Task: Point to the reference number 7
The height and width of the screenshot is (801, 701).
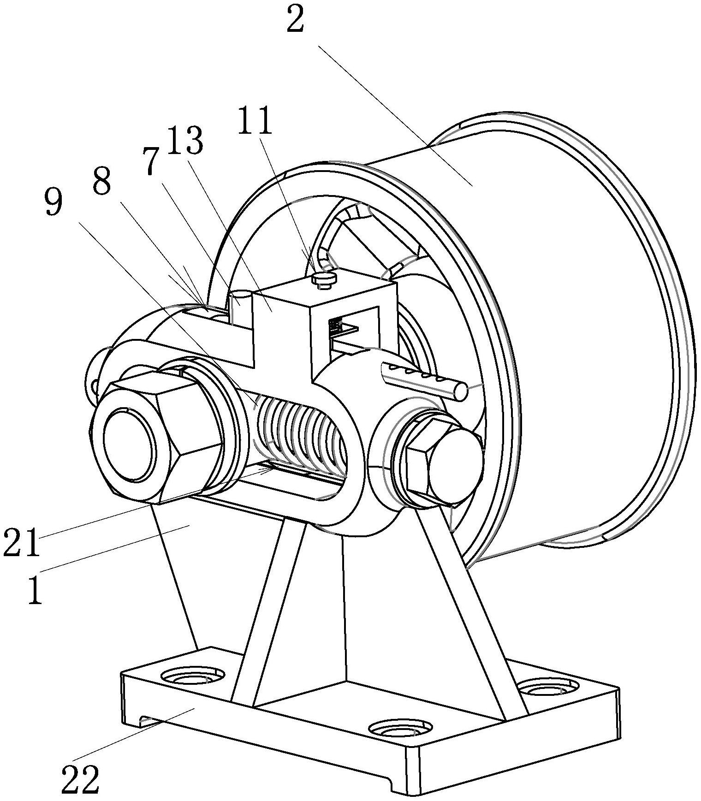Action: pyautogui.click(x=150, y=162)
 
